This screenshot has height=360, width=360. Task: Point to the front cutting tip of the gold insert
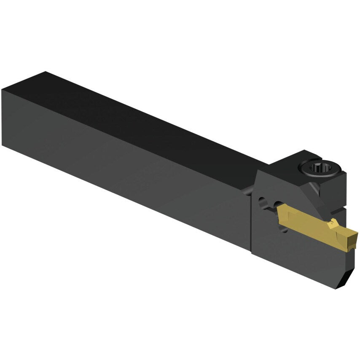point(357,236)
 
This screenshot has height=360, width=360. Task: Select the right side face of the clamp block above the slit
point(339,185)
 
